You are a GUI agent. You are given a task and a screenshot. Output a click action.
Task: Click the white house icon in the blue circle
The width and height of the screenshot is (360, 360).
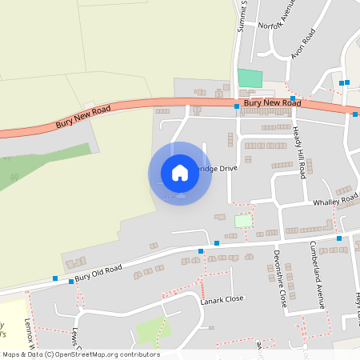(180, 172)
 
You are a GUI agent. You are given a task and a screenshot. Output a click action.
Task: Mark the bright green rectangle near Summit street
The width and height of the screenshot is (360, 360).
(250, 78)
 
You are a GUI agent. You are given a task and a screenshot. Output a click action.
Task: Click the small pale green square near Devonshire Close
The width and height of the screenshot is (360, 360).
(242, 221)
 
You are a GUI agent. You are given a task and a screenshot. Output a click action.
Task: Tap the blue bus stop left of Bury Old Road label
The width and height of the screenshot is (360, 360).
(55, 278)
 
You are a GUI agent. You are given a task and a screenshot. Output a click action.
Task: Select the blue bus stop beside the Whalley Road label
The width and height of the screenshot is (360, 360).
(356, 197)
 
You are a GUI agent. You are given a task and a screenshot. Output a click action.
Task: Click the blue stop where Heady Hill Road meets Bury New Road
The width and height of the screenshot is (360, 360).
(293, 98)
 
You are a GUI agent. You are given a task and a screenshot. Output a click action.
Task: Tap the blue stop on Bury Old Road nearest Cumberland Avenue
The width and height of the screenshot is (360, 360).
(339, 238)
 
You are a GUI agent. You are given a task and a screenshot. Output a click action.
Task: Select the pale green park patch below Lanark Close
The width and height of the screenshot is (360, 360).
(151, 330)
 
